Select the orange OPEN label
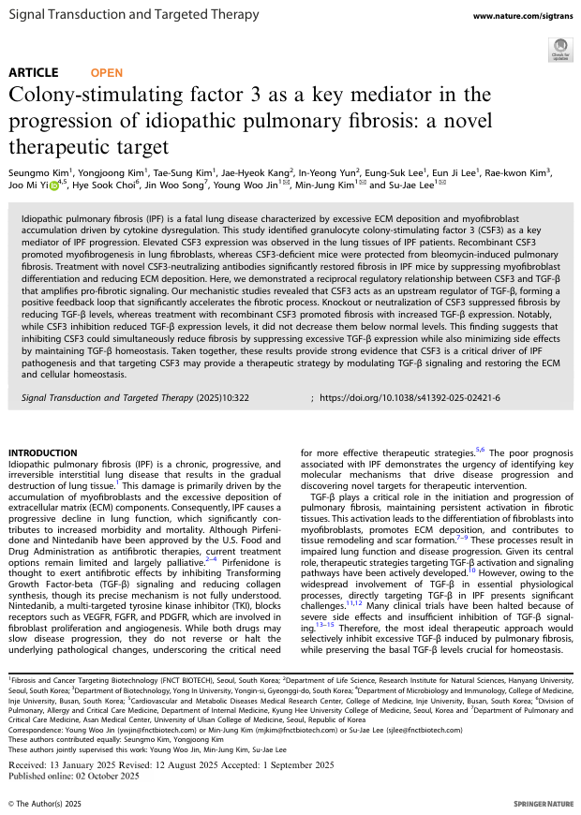(x=106, y=72)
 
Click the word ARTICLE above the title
(x=33, y=72)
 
